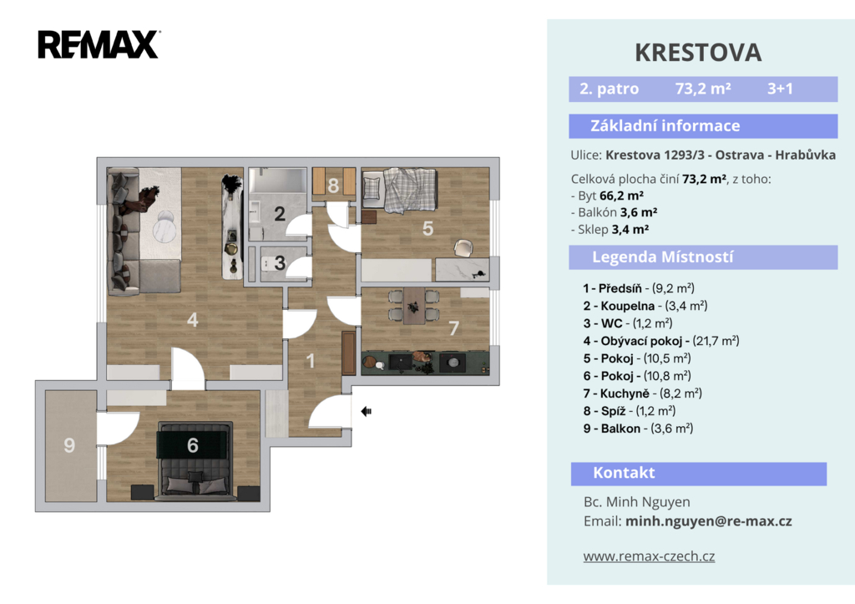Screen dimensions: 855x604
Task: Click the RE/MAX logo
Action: click(99, 44)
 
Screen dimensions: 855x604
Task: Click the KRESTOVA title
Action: click(698, 53)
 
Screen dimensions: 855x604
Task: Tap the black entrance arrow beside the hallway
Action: click(366, 411)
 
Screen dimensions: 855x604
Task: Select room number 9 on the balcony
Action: click(69, 445)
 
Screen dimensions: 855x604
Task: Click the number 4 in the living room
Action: click(193, 320)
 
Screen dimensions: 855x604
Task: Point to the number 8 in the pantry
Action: click(333, 186)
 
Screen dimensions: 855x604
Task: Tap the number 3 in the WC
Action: click(280, 263)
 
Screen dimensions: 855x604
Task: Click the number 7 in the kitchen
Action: click(453, 328)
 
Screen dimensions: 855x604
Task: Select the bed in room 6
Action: click(195, 461)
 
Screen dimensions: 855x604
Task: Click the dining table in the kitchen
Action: click(414, 306)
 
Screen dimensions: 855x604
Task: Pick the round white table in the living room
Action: click(164, 228)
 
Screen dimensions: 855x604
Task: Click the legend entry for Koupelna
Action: click(645, 306)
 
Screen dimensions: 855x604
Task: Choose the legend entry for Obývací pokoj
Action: click(661, 341)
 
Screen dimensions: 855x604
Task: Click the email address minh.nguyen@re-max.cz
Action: click(708, 521)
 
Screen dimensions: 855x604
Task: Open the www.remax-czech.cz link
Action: click(649, 556)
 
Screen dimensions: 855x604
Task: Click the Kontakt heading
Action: click(624, 473)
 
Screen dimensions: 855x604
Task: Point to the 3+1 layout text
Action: click(780, 89)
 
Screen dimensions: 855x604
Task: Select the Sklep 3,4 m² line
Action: click(610, 229)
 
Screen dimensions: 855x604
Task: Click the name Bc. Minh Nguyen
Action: click(637, 502)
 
